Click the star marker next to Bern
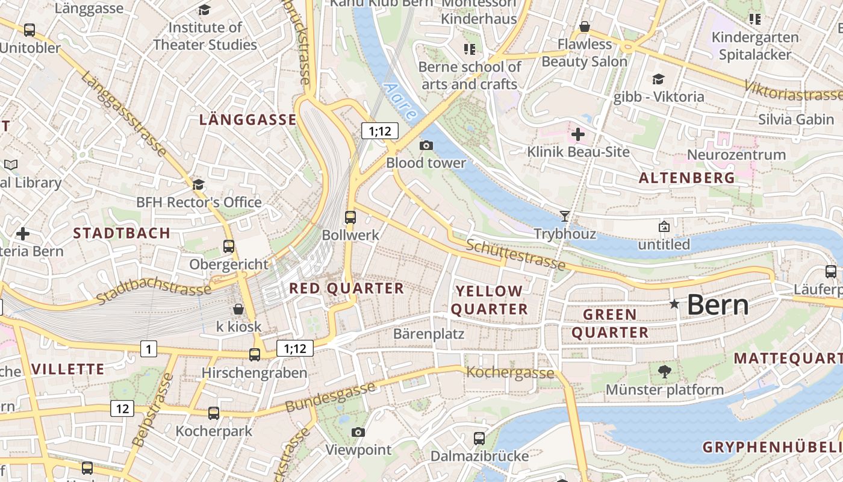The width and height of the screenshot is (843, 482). [x=674, y=305]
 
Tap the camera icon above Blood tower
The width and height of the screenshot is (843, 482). [x=426, y=145]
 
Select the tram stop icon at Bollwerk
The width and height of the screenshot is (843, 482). [x=350, y=217]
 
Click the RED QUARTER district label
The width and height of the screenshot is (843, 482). [x=346, y=289]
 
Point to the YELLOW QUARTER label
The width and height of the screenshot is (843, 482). [x=489, y=300]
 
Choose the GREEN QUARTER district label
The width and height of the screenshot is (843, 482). [x=609, y=323]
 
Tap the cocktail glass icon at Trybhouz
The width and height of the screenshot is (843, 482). [x=564, y=216]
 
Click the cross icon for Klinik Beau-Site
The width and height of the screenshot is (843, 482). [x=578, y=134]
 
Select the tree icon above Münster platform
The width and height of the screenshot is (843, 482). [x=664, y=372]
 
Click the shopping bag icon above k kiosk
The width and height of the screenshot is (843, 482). [x=238, y=309]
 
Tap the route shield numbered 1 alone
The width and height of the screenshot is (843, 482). [x=149, y=348]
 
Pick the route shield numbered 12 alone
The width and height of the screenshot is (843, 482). [x=122, y=408]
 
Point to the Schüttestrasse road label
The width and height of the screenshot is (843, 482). [x=515, y=254]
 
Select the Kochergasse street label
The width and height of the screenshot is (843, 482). [x=510, y=372]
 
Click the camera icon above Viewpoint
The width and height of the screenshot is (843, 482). [x=358, y=432]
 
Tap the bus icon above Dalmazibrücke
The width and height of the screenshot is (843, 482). [x=479, y=438]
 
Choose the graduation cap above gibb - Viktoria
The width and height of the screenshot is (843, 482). [x=658, y=79]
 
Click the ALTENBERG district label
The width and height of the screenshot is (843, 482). [x=686, y=178]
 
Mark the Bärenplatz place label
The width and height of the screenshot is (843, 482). [x=428, y=333]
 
